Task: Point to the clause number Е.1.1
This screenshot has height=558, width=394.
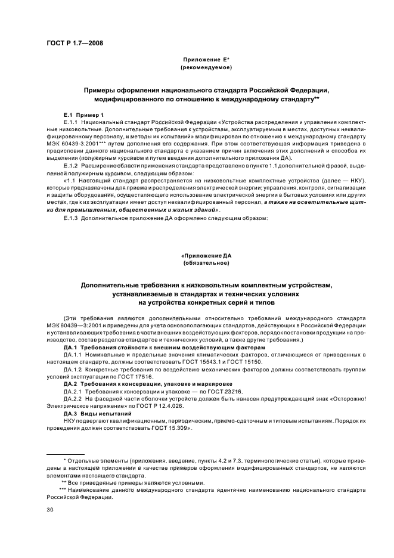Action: [72, 122]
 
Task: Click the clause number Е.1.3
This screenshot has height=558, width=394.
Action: [72, 218]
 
